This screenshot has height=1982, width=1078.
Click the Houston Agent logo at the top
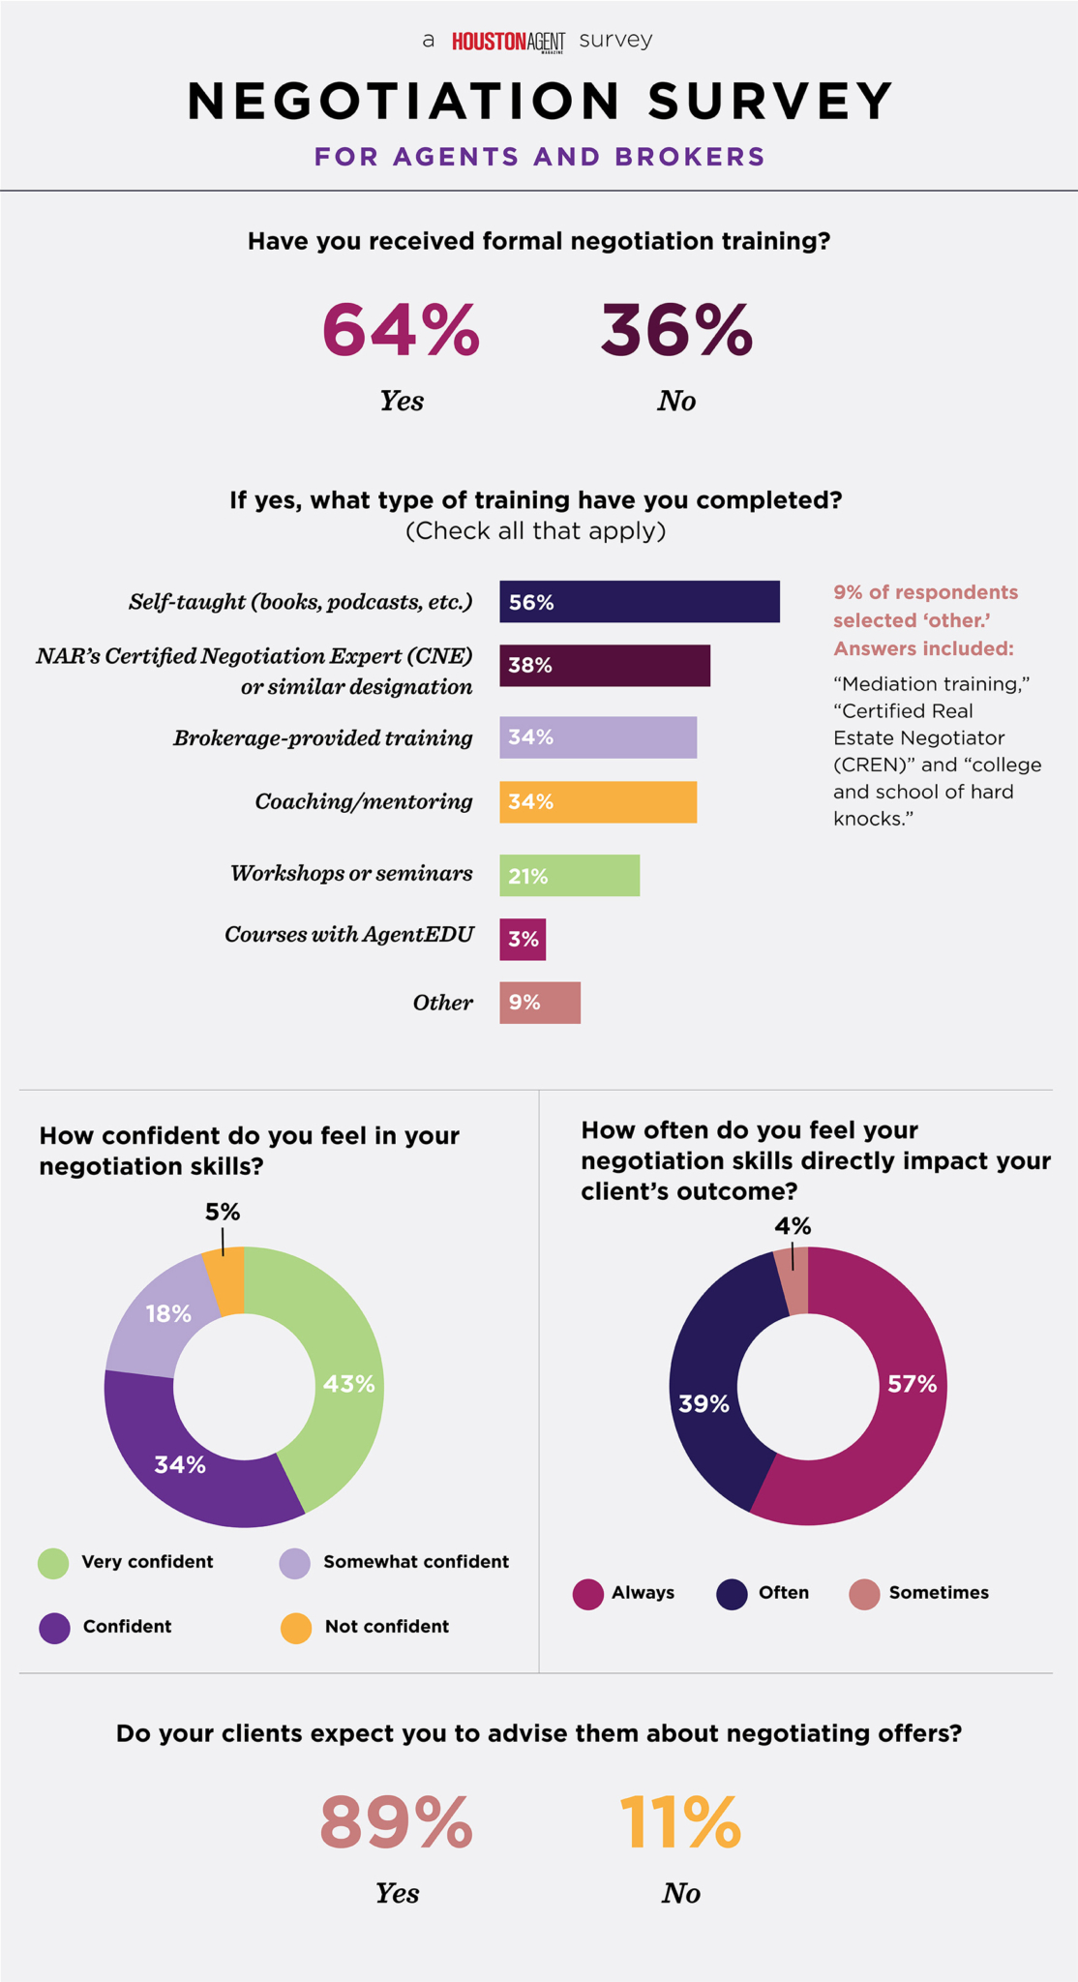click(508, 41)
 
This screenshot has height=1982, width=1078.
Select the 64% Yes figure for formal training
click(401, 330)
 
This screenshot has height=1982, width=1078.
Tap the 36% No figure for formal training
click(676, 330)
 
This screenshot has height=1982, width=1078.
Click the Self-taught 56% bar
click(639, 602)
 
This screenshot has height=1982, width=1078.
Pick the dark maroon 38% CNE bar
click(605, 666)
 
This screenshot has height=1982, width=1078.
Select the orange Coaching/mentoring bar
click(598, 802)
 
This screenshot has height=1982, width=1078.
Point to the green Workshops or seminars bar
click(569, 876)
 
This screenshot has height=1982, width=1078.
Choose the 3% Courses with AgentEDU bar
click(523, 939)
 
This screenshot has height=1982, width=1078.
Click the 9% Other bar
click(540, 1003)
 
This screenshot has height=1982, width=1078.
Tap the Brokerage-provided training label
click(323, 738)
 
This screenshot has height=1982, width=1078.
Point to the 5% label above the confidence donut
click(223, 1213)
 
